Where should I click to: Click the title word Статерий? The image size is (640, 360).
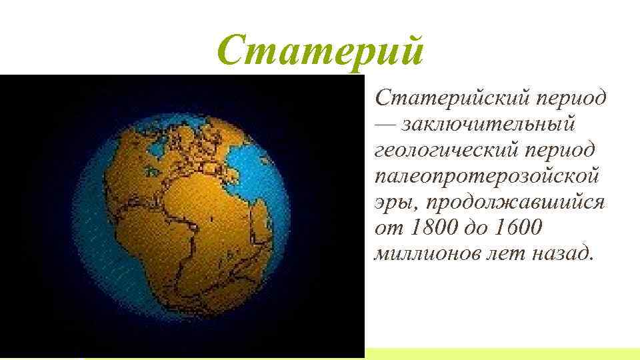click(x=320, y=50)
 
